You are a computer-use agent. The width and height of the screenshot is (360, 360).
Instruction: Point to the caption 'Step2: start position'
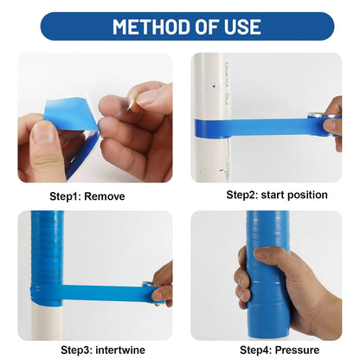pos(277,196)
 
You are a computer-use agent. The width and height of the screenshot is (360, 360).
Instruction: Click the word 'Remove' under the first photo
pos(105,196)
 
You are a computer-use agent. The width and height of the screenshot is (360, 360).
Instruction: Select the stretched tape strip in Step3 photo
pos(100,292)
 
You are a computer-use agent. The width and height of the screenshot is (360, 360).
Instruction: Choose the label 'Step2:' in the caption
pos(243,196)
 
